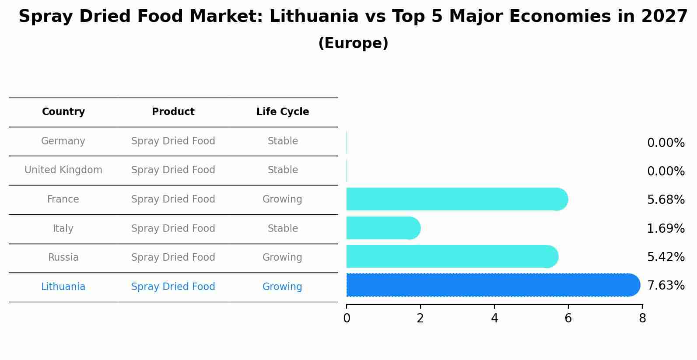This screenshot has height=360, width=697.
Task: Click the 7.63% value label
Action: [665, 286]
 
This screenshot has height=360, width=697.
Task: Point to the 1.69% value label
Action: [665, 228]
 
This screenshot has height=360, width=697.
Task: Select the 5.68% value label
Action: [665, 200]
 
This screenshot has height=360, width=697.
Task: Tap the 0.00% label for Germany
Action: [665, 143]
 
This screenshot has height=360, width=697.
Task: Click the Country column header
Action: [63, 112]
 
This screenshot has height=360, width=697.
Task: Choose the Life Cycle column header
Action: [283, 112]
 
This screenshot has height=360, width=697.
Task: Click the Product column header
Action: [173, 112]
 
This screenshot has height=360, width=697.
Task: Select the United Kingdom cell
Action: [63, 170]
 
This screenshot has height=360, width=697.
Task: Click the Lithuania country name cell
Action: [63, 287]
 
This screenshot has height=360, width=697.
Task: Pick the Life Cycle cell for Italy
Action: [283, 229]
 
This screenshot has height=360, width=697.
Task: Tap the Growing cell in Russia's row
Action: [282, 258]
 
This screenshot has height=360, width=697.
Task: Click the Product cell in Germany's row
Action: [173, 141]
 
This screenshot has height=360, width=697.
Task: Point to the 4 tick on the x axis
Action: [494, 318]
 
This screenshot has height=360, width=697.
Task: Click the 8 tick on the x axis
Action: [642, 318]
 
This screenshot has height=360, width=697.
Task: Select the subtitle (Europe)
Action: [353, 43]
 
